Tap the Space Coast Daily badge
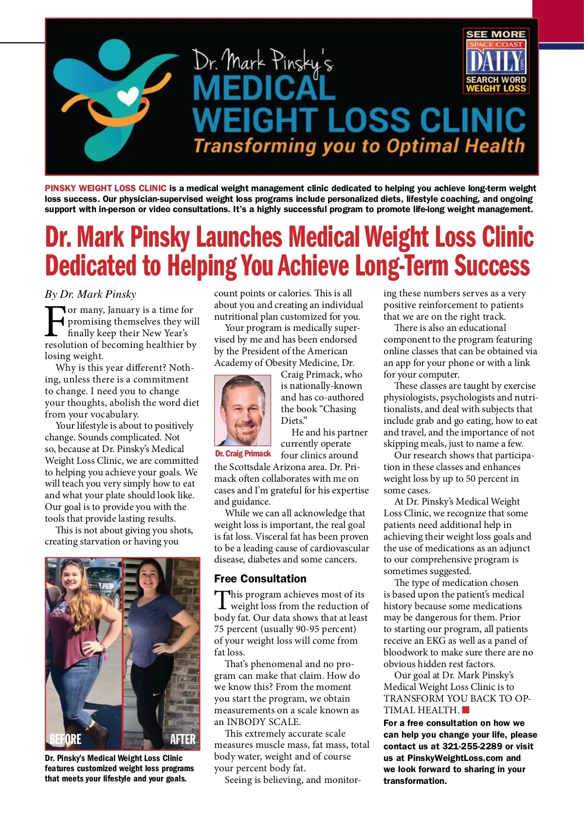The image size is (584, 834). click(496, 61)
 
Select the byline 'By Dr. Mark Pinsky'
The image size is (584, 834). click(91, 294)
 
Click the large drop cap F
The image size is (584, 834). click(55, 321)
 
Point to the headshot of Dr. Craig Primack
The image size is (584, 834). click(242, 410)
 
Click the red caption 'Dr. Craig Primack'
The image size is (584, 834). click(243, 453)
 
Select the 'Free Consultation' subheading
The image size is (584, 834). click(260, 579)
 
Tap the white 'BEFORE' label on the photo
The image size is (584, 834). click(66, 739)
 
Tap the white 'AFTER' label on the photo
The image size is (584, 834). click(182, 739)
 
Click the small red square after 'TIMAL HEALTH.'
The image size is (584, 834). click(466, 710)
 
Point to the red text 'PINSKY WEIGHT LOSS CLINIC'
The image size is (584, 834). click(106, 188)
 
